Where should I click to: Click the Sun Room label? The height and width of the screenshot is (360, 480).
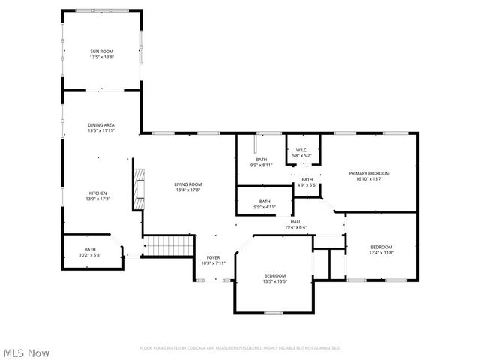pos(101,52)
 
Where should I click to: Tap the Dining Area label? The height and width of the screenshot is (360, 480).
pos(101,125)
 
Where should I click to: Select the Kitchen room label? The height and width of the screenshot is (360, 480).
pos(98,193)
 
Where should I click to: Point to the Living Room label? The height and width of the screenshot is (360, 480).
pos(188,184)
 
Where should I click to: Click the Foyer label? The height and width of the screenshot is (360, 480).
pos(214,257)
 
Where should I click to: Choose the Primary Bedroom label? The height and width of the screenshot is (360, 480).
pos(369,173)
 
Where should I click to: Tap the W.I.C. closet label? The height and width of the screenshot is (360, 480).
pos(302,150)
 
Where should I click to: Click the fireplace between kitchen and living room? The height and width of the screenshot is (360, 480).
pos(137,188)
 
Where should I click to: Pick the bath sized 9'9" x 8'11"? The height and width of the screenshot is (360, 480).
pos(261,159)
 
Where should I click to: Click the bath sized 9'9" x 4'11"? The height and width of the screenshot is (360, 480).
pos(265,201)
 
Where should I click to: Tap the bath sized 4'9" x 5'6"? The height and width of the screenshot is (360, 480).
pos(307,179)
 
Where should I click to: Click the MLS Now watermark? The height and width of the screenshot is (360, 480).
pos(26,351)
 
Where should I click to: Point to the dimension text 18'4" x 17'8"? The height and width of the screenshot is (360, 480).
pos(188,190)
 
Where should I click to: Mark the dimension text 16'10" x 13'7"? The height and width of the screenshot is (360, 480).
pos(369,178)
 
